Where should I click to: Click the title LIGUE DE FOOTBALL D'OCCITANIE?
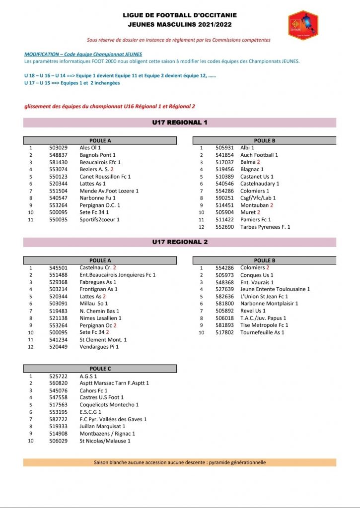pyautogui.click(x=180, y=15)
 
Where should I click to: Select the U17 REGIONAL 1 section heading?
pyautogui.click(x=180, y=122)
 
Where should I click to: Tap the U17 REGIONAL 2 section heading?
pyautogui.click(x=180, y=242)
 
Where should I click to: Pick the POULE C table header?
pyautogui.click(x=100, y=369)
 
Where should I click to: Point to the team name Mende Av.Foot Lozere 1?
pyautogui.click(x=109, y=191)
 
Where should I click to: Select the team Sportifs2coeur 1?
pyautogui.click(x=100, y=219)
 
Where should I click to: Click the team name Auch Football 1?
pyautogui.click(x=259, y=155)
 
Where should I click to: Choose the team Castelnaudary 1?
pyautogui.click(x=259, y=184)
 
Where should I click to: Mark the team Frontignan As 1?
pyautogui.click(x=98, y=289)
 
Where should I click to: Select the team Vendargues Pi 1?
pyautogui.click(x=99, y=347)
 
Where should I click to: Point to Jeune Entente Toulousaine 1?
pyautogui.click(x=275, y=289)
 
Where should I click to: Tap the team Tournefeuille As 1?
pyautogui.click(x=262, y=332)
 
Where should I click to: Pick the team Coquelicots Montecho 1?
pyautogui.click(x=109, y=405)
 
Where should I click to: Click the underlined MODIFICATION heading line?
pyautogui.click(x=83, y=54)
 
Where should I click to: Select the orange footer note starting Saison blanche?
pyautogui.click(x=180, y=462)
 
